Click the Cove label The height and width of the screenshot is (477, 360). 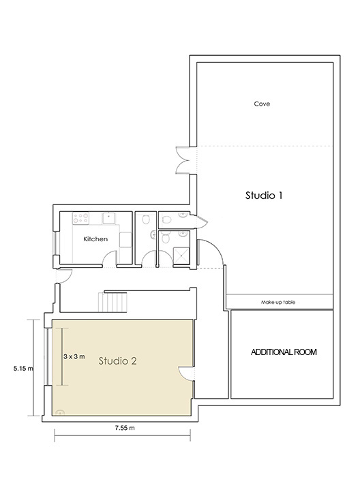point(262,104)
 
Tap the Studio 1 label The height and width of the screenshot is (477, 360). point(264,196)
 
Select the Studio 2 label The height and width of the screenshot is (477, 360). point(117,360)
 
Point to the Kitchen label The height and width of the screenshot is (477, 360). point(95,239)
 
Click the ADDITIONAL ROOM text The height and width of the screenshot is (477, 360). point(284,352)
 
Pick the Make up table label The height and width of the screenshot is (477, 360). point(278,303)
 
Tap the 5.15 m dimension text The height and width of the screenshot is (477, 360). point(23,369)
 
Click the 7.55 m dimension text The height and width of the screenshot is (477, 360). point(125,428)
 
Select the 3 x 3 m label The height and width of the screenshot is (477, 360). point(74,356)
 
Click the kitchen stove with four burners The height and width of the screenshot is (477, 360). point(80,219)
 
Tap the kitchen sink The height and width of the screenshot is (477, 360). point(109,219)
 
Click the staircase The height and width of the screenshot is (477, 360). point(112,302)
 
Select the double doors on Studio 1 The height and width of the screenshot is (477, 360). point(183,160)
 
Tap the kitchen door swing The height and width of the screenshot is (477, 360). point(110,258)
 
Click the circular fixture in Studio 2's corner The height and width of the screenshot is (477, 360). point(60,413)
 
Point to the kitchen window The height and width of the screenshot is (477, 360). point(56,243)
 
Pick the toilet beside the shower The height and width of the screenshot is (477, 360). point(166,238)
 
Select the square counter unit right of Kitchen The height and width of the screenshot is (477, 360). point(125,240)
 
